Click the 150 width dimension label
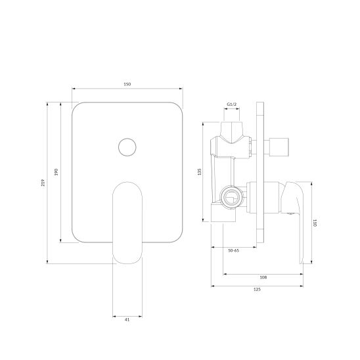pyautogui.click(x=127, y=84)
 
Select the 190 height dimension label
pyautogui.click(x=56, y=172)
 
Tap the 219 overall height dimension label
pyautogui.click(x=43, y=183)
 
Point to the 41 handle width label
pyautogui.click(x=127, y=319)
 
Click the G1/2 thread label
pyautogui.click(x=232, y=104)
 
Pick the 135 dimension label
pyautogui.click(x=199, y=172)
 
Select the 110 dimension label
pyautogui.click(x=315, y=223)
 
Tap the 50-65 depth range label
pyautogui.click(x=233, y=251)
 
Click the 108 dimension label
pyautogui.click(x=263, y=277)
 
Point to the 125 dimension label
pyautogui.click(x=257, y=290)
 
